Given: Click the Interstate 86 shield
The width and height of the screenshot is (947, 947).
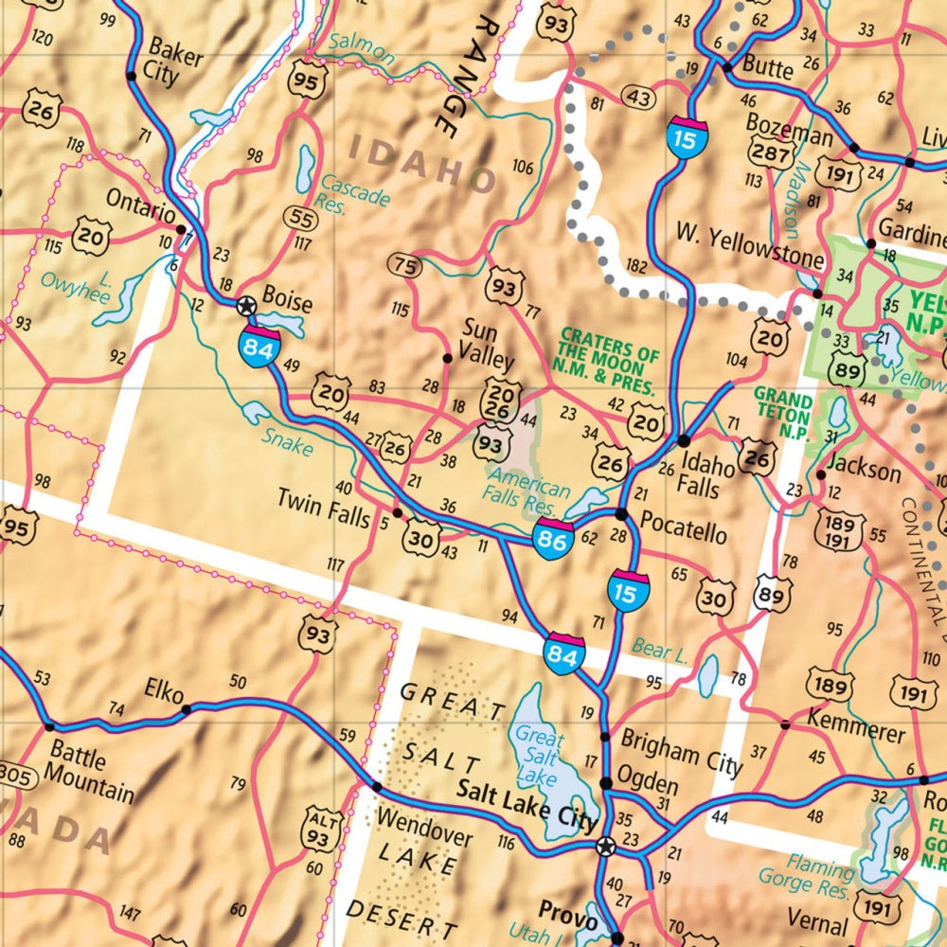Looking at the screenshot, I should pyautogui.click(x=554, y=538).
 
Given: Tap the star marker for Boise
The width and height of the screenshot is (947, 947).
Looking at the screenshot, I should pyautogui.click(x=246, y=305).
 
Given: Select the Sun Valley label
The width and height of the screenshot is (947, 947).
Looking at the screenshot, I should pyautogui.click(x=488, y=344).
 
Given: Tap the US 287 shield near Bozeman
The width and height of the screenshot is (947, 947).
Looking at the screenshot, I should pyautogui.click(x=769, y=152).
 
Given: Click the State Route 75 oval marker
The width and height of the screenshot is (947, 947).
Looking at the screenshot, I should pyautogui.click(x=404, y=266).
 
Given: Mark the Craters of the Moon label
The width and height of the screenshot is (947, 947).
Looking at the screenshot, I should pyautogui.click(x=609, y=360).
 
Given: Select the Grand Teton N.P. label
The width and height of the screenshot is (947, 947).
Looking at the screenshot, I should pyautogui.click(x=782, y=411).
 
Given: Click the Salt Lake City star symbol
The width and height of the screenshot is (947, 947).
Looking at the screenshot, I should pyautogui.click(x=606, y=846).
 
